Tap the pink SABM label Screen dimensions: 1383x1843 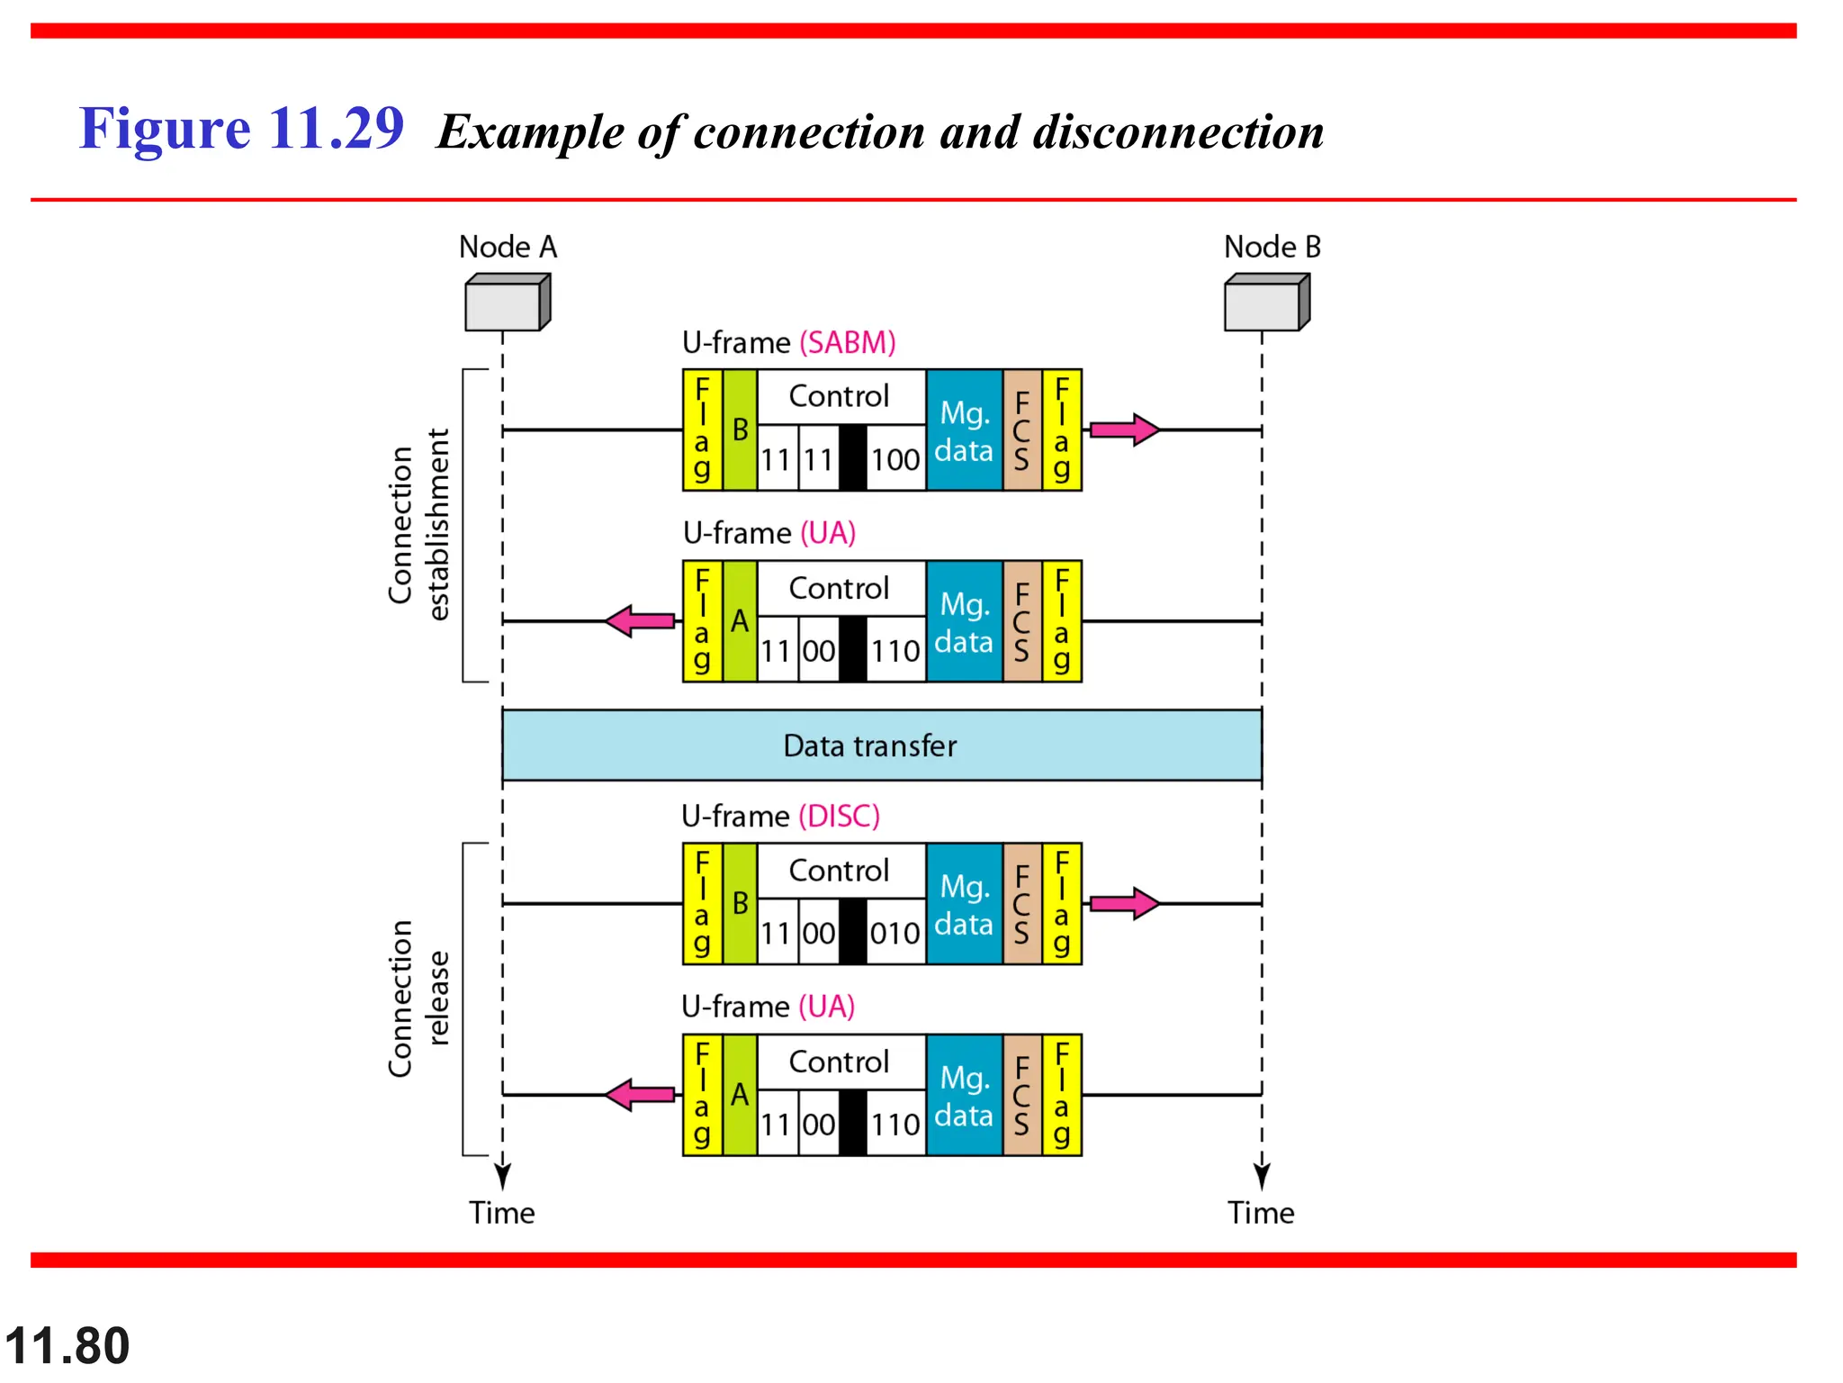click(848, 343)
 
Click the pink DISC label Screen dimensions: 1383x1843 click(839, 817)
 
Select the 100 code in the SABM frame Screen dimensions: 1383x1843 click(895, 460)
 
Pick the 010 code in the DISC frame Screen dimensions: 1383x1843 click(895, 934)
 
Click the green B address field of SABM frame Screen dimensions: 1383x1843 click(740, 430)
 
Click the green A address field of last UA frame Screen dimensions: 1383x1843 click(740, 1095)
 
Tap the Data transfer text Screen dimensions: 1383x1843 click(869, 746)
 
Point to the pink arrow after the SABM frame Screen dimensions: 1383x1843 click(1124, 430)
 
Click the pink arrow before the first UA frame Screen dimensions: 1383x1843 click(640, 621)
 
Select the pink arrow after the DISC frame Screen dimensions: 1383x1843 click(1124, 903)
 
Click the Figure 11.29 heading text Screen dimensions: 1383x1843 click(241, 129)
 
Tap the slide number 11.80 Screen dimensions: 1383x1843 click(67, 1346)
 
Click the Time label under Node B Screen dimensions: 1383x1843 click(1261, 1214)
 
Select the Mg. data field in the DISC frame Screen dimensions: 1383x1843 click(964, 904)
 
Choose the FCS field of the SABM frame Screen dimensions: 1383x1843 click(1021, 430)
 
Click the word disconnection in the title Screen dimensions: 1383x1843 click(1178, 132)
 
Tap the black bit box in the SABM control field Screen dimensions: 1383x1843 click(852, 458)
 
